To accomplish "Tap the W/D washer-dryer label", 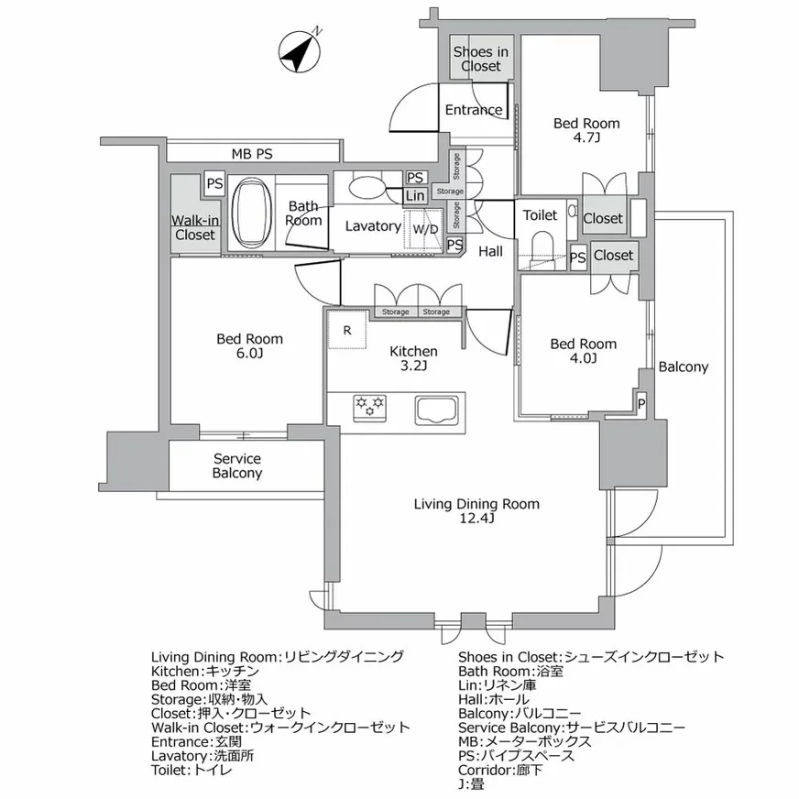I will click(424, 229).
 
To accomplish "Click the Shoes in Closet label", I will click(481, 60).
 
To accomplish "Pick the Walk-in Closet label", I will click(195, 227).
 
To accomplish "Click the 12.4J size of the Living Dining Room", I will click(477, 520).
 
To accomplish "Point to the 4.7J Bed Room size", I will click(586, 139).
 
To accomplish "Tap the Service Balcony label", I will click(237, 465).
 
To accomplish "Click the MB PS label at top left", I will click(251, 153).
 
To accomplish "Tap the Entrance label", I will click(474, 110).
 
